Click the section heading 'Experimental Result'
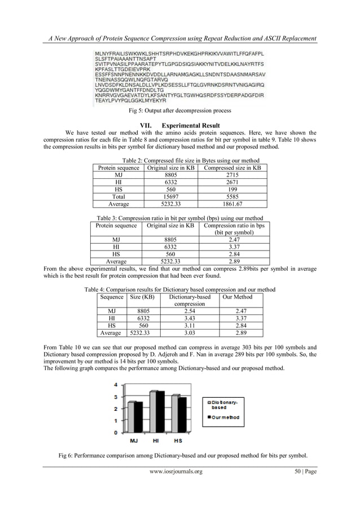point(190,125)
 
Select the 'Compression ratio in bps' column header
point(234,226)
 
